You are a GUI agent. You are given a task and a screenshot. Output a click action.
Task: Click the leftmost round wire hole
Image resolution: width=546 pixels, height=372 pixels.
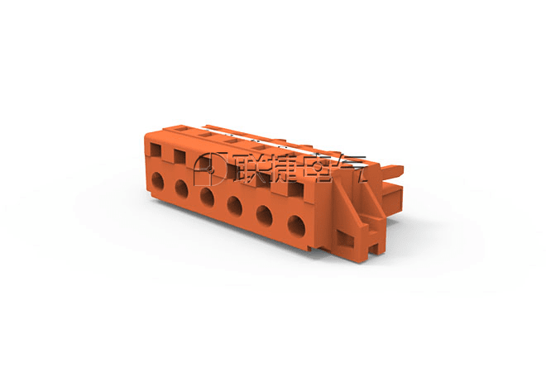click(x=157, y=181)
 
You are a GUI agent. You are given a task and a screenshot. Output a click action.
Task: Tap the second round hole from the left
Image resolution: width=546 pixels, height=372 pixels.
click(x=181, y=188)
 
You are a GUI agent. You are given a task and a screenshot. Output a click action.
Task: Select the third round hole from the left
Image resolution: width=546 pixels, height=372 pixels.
click(x=207, y=197)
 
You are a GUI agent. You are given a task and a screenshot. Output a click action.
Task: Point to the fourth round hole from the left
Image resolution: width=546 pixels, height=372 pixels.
click(x=235, y=206)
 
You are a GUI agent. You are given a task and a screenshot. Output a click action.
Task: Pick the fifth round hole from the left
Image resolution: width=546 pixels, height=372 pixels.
click(x=264, y=216)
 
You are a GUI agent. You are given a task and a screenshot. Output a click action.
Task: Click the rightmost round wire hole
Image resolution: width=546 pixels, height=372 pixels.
click(x=296, y=227)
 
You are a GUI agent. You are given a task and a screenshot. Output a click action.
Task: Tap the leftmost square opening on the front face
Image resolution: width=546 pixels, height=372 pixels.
click(x=156, y=150)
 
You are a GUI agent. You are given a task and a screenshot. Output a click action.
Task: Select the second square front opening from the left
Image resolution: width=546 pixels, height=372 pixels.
click(x=180, y=156)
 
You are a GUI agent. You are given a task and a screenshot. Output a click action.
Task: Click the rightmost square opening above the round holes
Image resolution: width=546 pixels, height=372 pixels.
click(x=295, y=189)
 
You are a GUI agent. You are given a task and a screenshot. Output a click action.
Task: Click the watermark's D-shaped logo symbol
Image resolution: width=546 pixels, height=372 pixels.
click(x=210, y=169)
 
